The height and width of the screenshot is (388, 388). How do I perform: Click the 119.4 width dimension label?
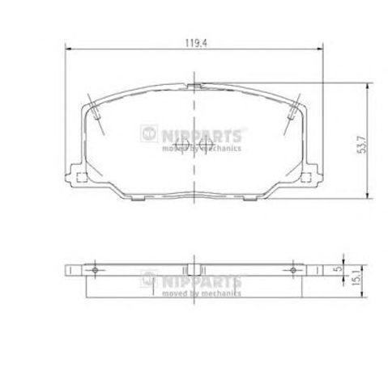coord(196,43)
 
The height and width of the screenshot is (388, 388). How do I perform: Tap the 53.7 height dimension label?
coord(362,145)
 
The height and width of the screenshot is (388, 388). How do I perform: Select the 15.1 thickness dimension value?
coord(356,280)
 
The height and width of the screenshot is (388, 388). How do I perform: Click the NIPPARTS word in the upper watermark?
coord(202,136)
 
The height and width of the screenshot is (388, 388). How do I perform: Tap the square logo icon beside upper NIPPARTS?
coord(149,133)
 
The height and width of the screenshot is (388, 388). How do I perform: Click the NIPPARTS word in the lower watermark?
coord(202,281)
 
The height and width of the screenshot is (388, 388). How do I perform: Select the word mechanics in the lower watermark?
coord(221,293)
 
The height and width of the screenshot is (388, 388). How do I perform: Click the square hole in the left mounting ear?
coord(82,177)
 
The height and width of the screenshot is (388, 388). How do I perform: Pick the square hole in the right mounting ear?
coord(306,177)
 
